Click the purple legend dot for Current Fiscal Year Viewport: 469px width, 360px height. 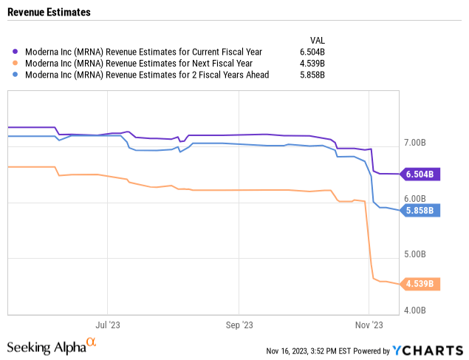16,52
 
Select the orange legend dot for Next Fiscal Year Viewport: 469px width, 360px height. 16,64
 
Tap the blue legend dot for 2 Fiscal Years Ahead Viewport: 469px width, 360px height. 16,75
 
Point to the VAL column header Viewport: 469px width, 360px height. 316,40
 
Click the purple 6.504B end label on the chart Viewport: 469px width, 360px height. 420,174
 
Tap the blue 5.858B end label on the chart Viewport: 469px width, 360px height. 420,211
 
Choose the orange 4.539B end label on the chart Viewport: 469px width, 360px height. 420,284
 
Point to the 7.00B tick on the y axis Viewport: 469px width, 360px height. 415,143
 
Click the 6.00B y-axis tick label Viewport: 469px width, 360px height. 415,199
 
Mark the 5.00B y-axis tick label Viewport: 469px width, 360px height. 415,255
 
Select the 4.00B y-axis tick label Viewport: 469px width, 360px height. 415,311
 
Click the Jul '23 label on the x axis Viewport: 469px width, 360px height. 108,325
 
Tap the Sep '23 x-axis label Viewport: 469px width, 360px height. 239,325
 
